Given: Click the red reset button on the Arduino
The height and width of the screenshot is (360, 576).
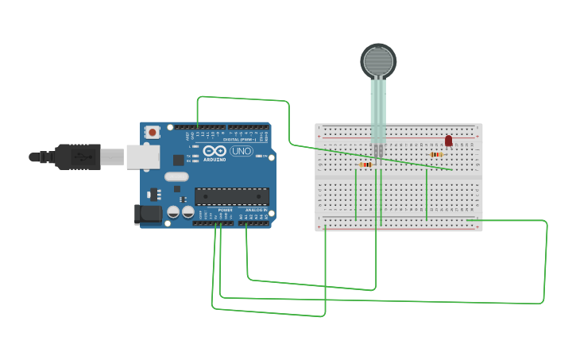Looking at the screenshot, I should pos(152,132).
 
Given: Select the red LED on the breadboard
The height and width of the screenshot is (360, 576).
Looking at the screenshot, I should pos(448,141).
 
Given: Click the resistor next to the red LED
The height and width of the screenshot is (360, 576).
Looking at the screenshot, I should pos(435,154).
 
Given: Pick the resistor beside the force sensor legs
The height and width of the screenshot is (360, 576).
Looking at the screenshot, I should pos(365,165).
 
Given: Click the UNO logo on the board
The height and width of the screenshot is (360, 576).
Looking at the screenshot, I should pos(241,151).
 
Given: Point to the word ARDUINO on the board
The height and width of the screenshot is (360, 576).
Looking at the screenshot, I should pos(214,159).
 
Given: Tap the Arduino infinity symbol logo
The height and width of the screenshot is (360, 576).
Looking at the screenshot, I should pos(214,150).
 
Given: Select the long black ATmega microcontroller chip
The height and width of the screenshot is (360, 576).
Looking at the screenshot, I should pos(232,196).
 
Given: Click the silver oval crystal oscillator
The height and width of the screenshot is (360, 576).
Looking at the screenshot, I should pos(176,176).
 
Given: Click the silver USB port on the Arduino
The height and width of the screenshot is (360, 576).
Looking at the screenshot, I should pos(143,157).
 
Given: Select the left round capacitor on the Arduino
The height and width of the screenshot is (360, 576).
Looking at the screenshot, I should pos(172,212).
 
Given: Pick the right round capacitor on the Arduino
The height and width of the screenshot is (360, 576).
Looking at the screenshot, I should pos(187,212).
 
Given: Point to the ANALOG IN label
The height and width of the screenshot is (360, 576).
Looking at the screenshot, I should pos(255,210).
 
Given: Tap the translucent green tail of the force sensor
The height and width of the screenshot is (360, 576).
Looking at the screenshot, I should pos(378,111).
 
